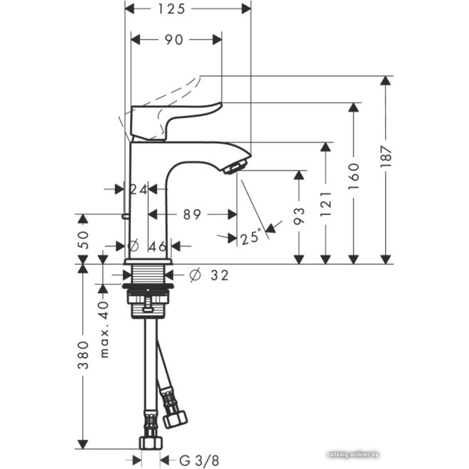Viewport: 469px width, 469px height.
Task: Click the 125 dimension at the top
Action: (x=171, y=9)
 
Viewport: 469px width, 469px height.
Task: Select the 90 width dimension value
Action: (x=174, y=40)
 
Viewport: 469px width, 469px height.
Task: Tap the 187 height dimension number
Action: (x=386, y=156)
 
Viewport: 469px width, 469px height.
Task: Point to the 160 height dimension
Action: (x=354, y=176)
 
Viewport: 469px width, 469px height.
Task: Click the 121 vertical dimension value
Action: (x=326, y=204)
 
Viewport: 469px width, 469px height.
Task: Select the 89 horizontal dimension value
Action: (x=192, y=214)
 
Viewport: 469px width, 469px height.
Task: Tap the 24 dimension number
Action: (x=139, y=189)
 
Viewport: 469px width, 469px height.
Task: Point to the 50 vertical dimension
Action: (x=83, y=240)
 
